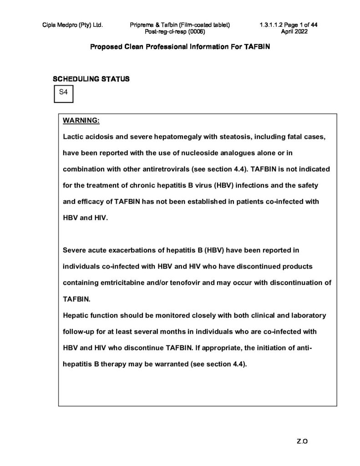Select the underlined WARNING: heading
[x=81, y=121]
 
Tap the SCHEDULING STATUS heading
[x=91, y=79]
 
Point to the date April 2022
[x=295, y=31]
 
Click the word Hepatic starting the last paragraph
[x=75, y=315]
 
